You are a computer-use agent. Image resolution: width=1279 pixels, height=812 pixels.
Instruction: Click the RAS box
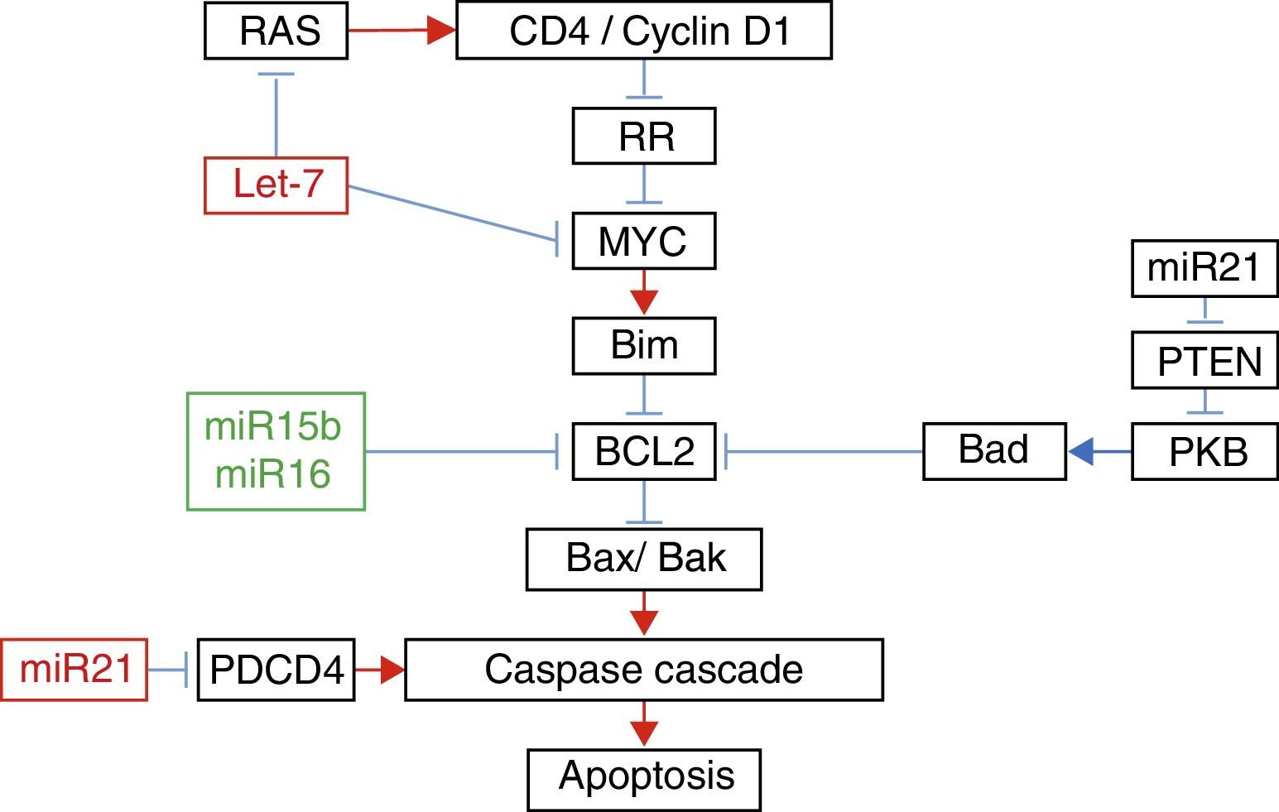point(276,31)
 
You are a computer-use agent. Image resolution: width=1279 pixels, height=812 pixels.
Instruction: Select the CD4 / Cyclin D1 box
point(644,31)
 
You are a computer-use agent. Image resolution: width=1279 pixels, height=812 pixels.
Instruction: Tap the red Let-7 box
point(276,185)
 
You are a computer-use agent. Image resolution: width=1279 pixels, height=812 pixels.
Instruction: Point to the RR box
point(644,136)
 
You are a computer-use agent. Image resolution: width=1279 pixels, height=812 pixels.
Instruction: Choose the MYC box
point(644,242)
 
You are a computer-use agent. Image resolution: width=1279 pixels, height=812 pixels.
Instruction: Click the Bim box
point(644,346)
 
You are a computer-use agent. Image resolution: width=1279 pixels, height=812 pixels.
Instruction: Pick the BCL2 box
point(644,452)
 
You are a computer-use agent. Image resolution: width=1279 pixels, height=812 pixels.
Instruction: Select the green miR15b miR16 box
point(276,451)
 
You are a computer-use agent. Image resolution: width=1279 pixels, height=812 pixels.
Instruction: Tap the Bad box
point(994,451)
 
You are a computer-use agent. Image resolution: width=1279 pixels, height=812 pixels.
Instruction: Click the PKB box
point(1204,452)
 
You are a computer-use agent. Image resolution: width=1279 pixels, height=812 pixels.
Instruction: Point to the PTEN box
point(1204,361)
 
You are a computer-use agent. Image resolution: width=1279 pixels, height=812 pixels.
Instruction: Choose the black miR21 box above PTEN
point(1204,268)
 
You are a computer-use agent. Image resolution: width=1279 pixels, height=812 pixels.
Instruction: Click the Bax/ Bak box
point(644,559)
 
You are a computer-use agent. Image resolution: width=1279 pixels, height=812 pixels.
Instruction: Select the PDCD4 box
point(276,670)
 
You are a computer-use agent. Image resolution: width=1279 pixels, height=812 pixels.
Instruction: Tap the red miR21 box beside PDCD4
point(74,670)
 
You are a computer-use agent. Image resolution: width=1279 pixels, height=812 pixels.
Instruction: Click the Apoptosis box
point(644,779)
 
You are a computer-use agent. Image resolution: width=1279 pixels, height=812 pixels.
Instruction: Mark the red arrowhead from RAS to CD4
point(441,31)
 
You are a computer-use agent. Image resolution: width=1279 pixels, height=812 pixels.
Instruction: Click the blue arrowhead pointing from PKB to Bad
point(1082,452)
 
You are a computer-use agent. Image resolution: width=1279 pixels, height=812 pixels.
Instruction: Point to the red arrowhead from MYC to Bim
point(644,301)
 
